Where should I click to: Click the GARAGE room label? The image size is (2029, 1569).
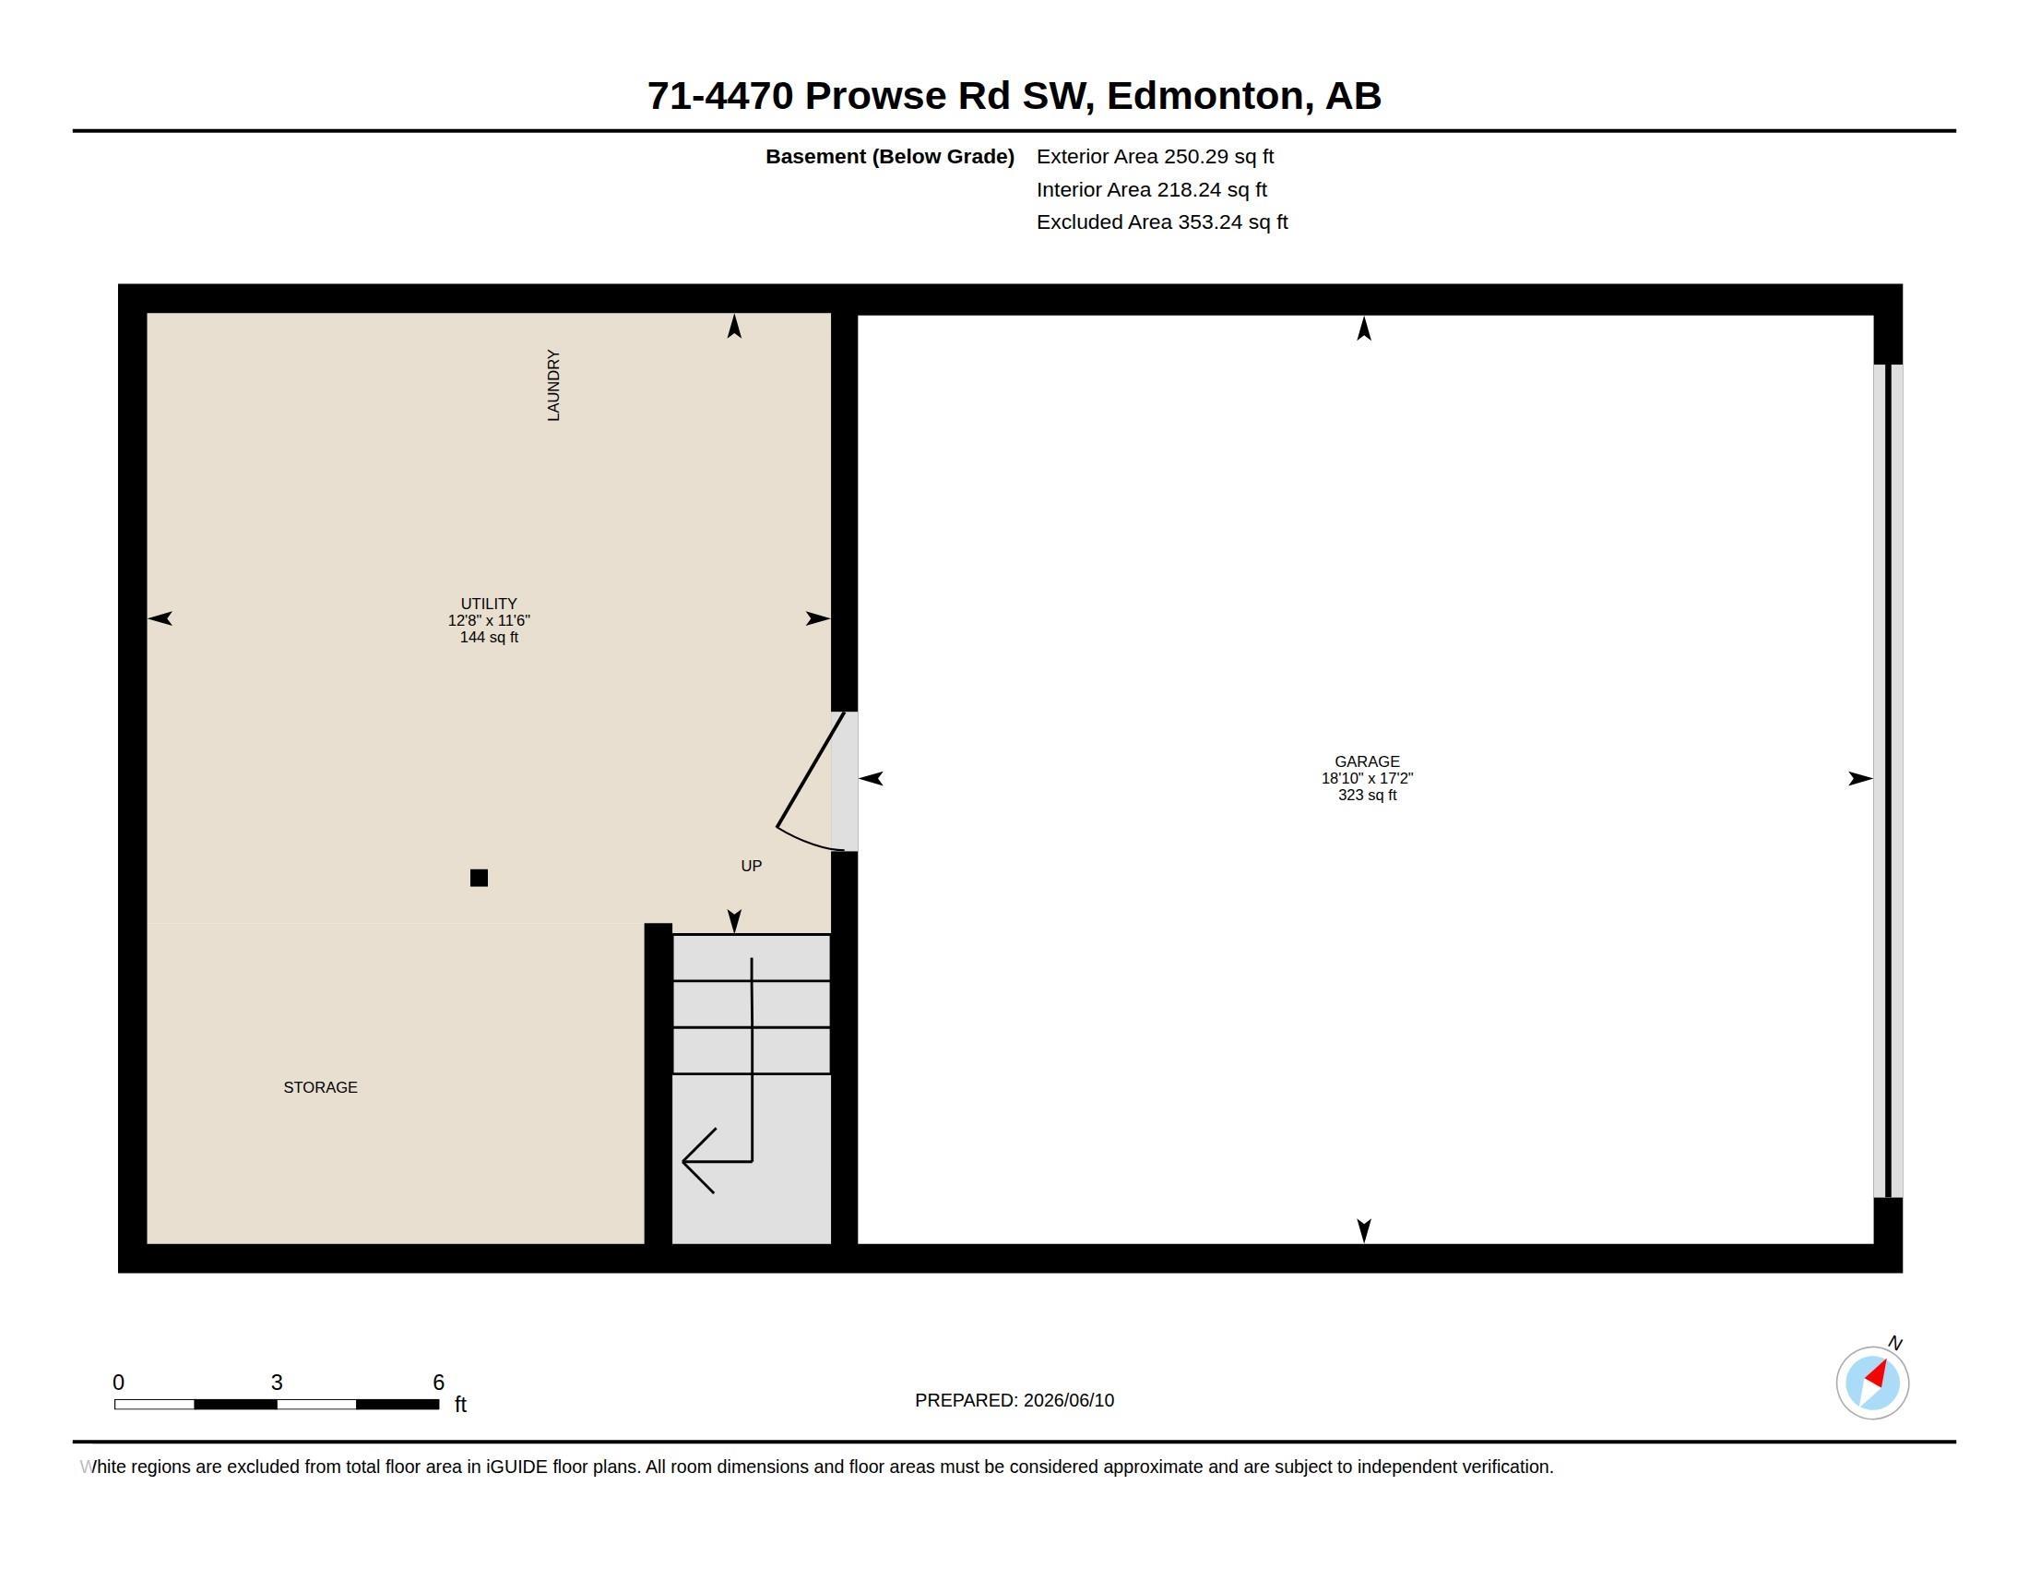1367,761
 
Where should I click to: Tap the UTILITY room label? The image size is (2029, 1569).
489,604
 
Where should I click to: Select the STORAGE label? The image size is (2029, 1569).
321,1087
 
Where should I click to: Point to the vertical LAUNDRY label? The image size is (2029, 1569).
553,385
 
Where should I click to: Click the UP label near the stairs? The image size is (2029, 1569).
752,866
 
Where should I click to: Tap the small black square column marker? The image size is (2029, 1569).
480,878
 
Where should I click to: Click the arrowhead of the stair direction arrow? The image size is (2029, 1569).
696,1161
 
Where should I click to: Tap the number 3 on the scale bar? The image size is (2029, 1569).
277,1383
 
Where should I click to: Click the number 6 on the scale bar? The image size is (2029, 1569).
438,1383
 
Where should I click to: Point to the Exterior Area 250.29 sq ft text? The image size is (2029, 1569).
1155,156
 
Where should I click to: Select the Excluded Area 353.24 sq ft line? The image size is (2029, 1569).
1162,222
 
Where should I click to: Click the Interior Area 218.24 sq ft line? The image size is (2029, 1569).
1151,189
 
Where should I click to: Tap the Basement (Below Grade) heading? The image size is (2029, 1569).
889,156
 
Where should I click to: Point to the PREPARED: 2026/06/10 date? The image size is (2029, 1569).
1014,1400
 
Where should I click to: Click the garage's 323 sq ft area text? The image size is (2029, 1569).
1367,795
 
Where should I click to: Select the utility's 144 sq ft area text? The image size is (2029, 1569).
489,637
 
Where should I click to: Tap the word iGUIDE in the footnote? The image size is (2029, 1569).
516,1467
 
